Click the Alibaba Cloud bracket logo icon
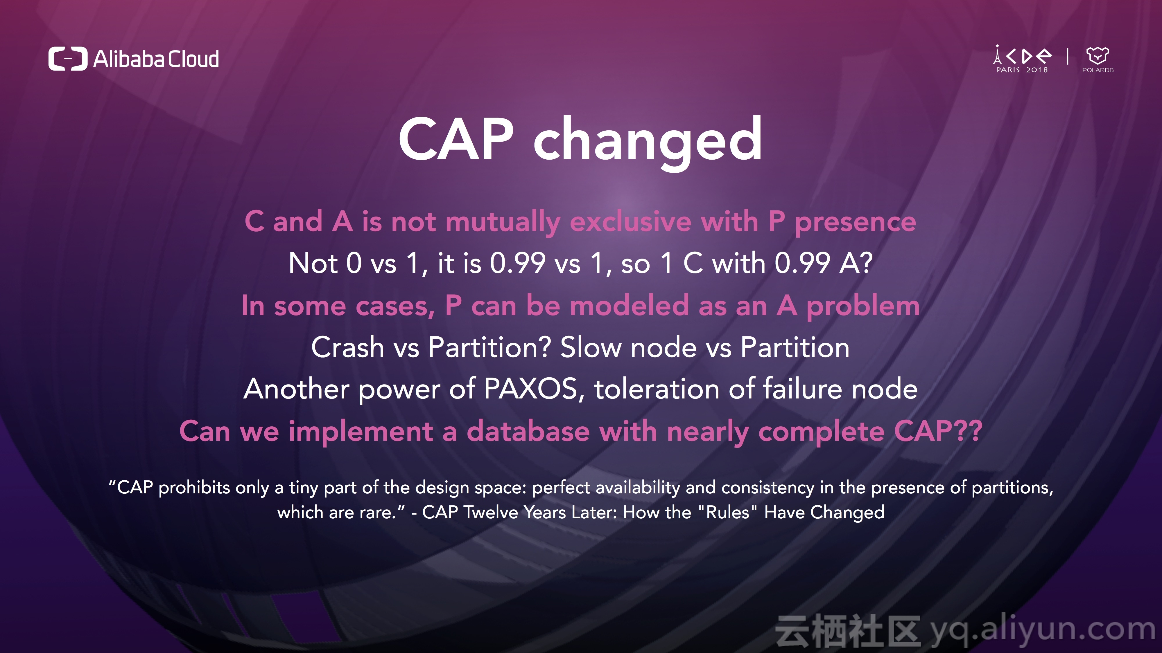point(68,59)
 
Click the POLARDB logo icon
point(1098,55)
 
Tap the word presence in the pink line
point(855,223)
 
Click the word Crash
point(348,347)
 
